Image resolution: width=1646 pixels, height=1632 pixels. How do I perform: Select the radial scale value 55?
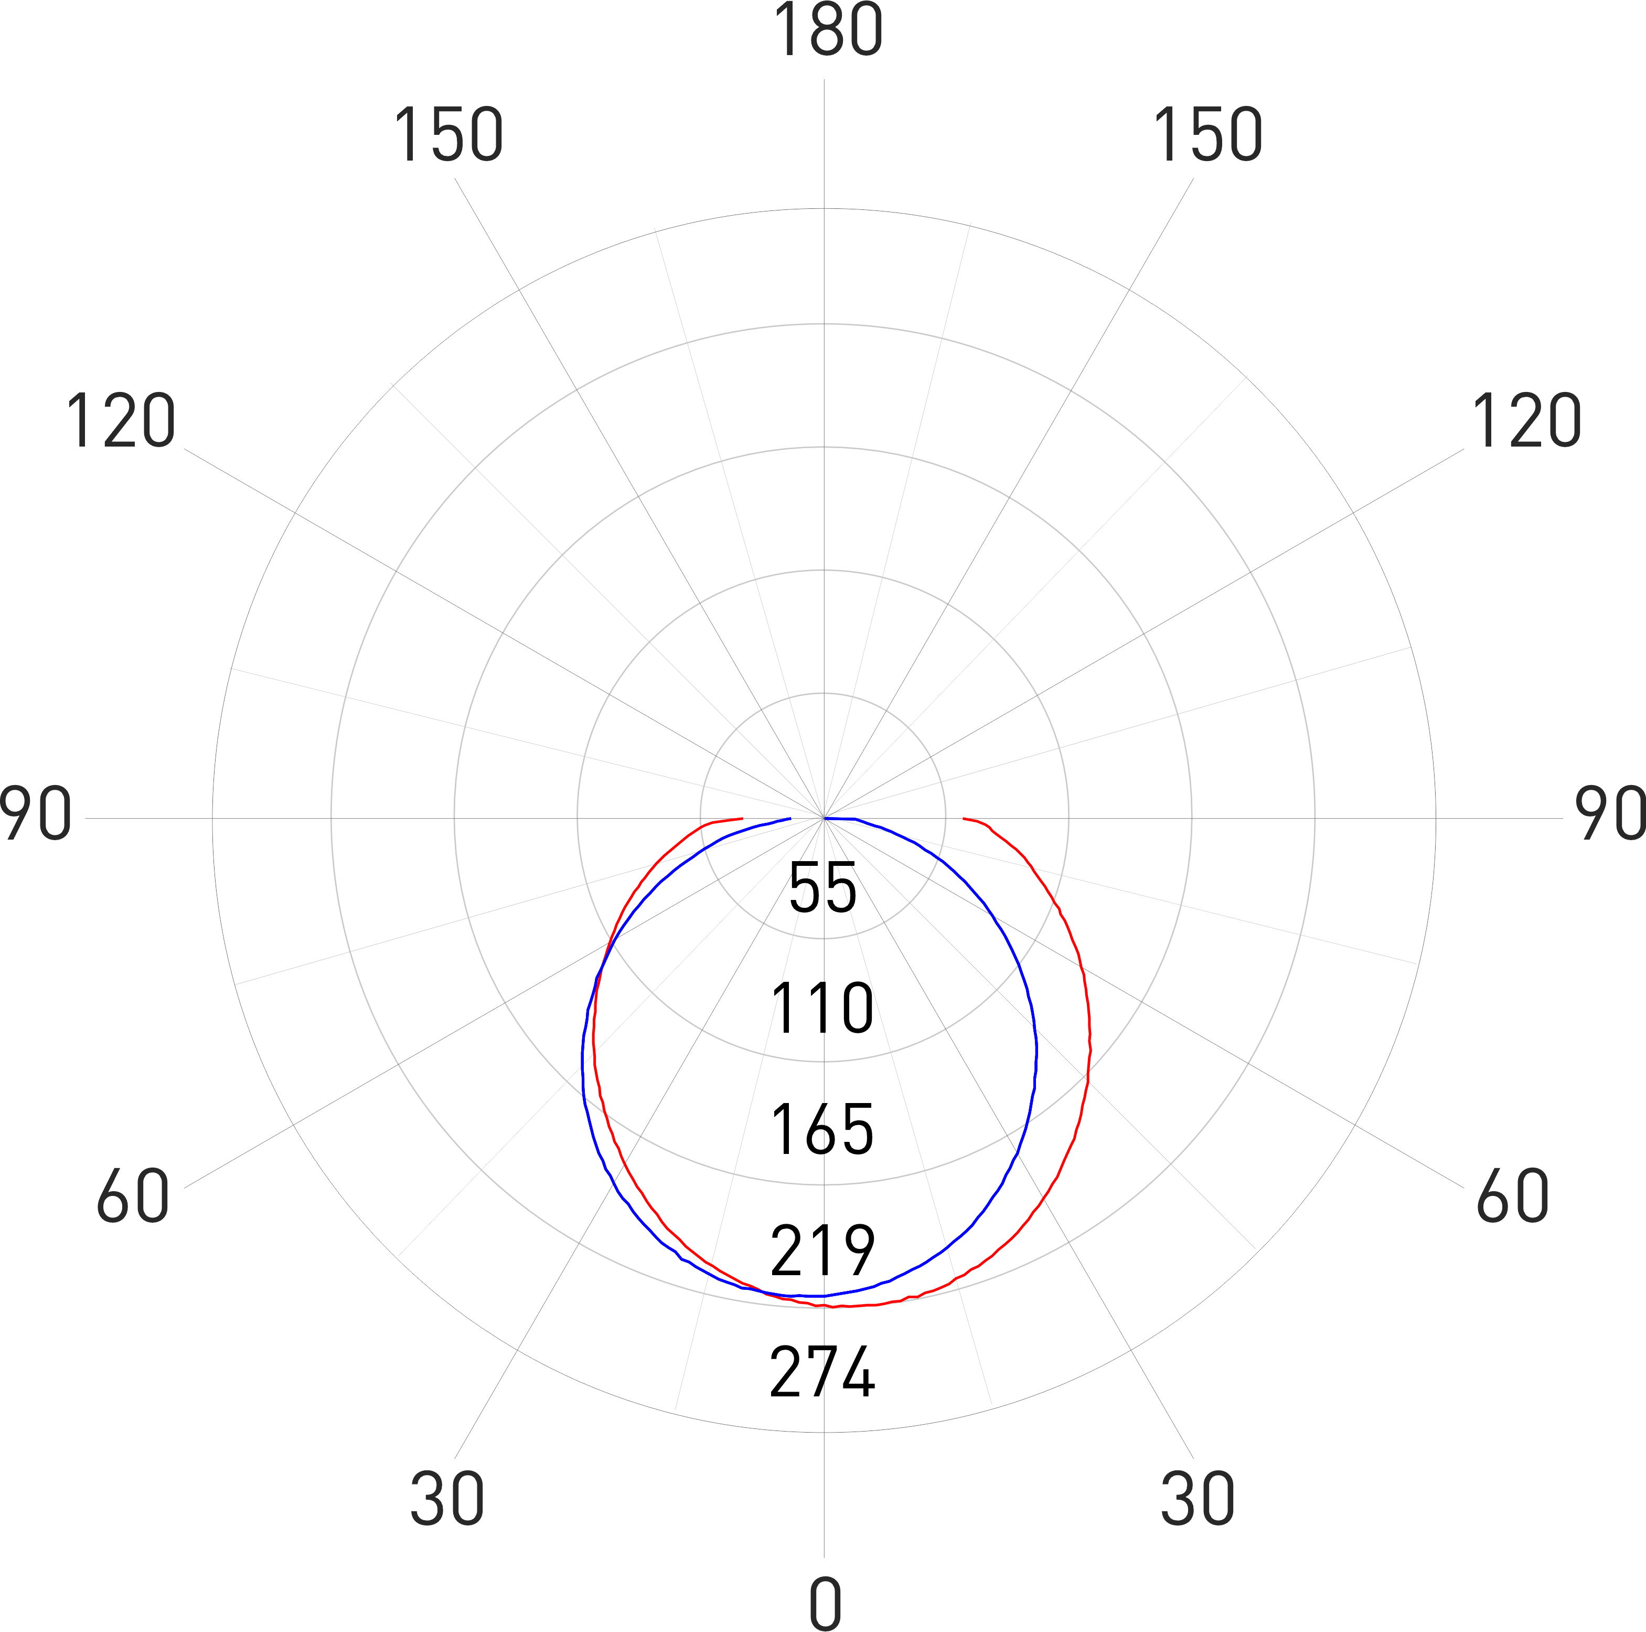click(823, 888)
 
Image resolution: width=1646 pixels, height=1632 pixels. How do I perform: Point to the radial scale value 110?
click(822, 1008)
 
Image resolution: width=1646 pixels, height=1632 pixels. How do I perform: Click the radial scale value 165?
click(822, 1129)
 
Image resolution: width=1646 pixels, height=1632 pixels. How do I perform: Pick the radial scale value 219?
click(822, 1250)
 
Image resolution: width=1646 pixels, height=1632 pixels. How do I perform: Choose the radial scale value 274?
click(822, 1371)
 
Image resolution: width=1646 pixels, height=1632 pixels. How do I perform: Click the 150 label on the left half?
click(448, 135)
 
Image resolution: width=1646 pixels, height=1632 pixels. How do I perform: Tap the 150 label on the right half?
click(1207, 135)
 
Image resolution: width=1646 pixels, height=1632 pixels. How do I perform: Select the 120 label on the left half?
click(121, 421)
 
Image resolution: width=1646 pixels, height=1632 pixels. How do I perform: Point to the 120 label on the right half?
click(1527, 421)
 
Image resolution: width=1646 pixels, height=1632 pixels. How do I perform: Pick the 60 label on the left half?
click(133, 1196)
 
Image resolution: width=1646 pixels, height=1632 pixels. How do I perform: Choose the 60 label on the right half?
click(1513, 1196)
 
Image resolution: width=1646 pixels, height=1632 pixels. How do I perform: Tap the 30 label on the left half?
click(447, 1499)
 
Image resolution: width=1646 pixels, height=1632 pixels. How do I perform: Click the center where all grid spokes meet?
click(824, 818)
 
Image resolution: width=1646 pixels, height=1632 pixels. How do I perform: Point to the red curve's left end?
click(743, 818)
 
